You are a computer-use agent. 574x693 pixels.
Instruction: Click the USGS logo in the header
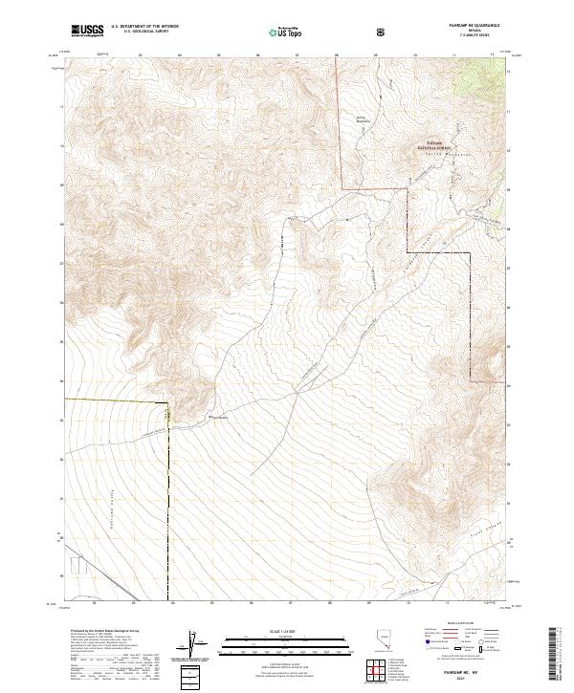[x=88, y=31]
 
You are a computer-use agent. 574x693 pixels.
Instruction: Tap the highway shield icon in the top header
[x=383, y=32]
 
